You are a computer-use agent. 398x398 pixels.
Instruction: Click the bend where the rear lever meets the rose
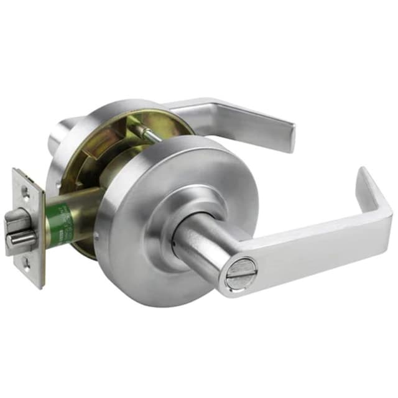pyautogui.click(x=187, y=109)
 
